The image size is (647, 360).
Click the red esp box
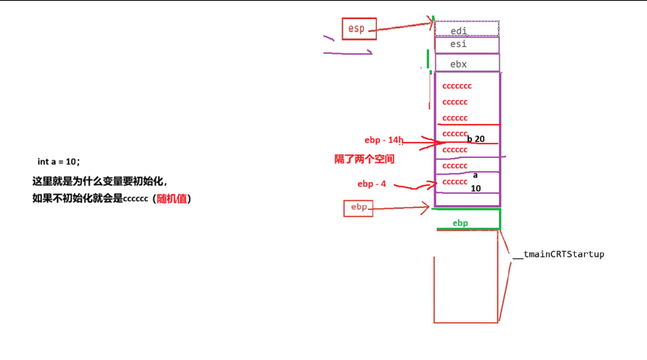358,29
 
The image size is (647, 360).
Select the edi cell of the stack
459,30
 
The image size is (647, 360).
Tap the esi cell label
459,44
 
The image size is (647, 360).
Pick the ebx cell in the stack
459,64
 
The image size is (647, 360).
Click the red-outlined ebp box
358,207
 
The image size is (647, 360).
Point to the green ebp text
460,223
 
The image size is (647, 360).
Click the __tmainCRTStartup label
558,254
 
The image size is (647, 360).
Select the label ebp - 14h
384,140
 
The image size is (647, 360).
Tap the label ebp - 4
372,184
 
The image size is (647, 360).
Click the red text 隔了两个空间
365,159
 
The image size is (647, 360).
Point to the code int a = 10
58,162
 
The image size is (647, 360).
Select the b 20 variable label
475,139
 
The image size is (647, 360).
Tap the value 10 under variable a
476,188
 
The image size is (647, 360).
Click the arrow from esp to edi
402,27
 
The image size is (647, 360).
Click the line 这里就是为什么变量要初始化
99,182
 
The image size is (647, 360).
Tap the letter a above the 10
475,175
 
